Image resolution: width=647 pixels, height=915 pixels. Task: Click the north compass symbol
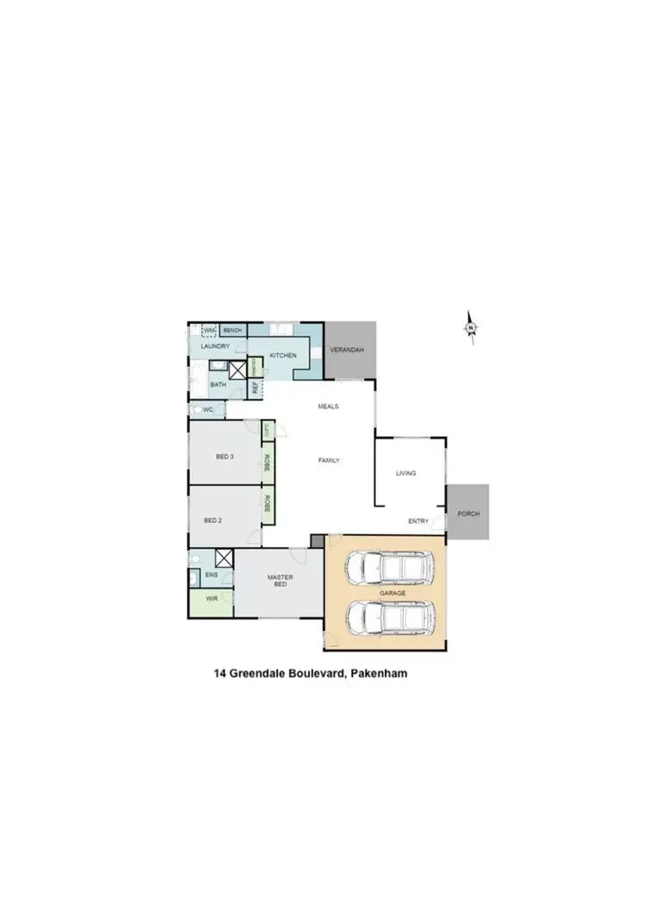point(471,327)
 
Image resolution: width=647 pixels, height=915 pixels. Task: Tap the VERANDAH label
point(347,350)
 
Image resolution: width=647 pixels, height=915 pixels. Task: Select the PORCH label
point(468,514)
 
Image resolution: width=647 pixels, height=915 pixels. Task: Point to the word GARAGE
point(392,594)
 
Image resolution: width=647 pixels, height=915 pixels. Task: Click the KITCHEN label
point(283,355)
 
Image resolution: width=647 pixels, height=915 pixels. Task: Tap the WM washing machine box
point(208,330)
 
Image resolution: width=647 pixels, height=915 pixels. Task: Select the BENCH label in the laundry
point(233,330)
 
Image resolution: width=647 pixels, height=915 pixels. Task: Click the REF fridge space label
point(255,388)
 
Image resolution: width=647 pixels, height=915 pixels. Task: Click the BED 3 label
point(224,457)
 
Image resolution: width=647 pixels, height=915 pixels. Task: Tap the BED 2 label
point(214,520)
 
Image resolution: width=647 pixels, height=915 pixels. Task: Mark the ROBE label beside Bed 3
point(267,462)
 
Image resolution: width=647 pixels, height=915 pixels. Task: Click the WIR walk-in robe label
point(210,599)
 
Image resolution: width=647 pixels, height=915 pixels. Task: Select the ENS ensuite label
point(210,574)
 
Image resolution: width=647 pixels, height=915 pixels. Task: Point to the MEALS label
point(328,406)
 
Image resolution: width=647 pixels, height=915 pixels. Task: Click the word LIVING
point(405,473)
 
